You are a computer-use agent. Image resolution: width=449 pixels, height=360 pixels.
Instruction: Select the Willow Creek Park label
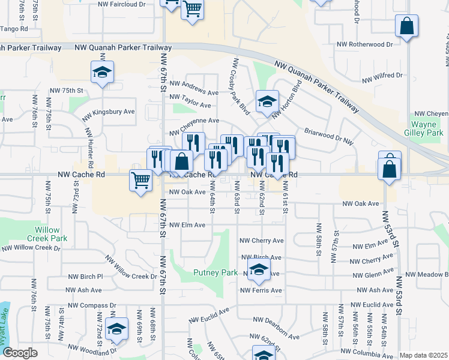[50, 234]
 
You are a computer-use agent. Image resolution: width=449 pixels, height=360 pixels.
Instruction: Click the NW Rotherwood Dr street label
[364, 44]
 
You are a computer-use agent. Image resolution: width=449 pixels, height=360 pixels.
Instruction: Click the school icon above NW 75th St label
[102, 73]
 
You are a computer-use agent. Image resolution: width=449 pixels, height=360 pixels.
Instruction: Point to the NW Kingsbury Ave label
[109, 112]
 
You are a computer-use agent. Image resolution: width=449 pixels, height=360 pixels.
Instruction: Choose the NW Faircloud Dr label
[125, 4]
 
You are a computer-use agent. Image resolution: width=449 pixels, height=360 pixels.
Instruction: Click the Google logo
[20, 353]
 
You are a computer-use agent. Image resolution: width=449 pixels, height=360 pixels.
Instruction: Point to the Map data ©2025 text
[423, 355]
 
